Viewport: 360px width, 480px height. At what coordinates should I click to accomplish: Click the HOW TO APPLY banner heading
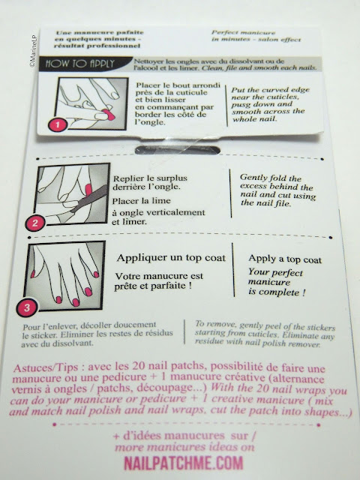tap(80, 64)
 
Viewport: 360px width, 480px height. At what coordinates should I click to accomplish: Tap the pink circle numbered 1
tap(58, 124)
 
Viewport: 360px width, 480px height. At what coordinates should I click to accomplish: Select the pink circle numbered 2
tap(35, 223)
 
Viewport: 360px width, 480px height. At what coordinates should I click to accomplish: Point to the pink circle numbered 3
tap(27, 307)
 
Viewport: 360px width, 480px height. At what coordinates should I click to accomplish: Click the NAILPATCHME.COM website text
tap(183, 463)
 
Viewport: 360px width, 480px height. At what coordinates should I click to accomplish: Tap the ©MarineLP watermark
tap(33, 50)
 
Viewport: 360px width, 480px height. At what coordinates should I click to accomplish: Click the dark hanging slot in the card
tap(178, 150)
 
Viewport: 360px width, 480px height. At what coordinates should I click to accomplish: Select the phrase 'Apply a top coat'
tap(285, 259)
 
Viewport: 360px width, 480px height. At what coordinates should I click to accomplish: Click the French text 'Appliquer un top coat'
tap(171, 258)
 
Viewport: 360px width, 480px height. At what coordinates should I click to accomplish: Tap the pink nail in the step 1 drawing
tap(108, 114)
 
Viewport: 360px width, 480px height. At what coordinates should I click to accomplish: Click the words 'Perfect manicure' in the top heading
tap(243, 32)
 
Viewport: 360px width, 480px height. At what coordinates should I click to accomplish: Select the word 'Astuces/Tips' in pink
tap(46, 367)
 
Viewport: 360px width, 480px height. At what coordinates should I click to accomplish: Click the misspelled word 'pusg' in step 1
tap(241, 105)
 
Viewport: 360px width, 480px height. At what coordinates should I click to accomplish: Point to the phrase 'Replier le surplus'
tap(150, 178)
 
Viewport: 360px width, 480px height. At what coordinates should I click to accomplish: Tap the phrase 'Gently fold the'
tap(271, 178)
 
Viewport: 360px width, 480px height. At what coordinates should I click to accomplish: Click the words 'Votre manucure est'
tap(159, 276)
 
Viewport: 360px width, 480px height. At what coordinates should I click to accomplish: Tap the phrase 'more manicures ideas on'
tap(184, 448)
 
